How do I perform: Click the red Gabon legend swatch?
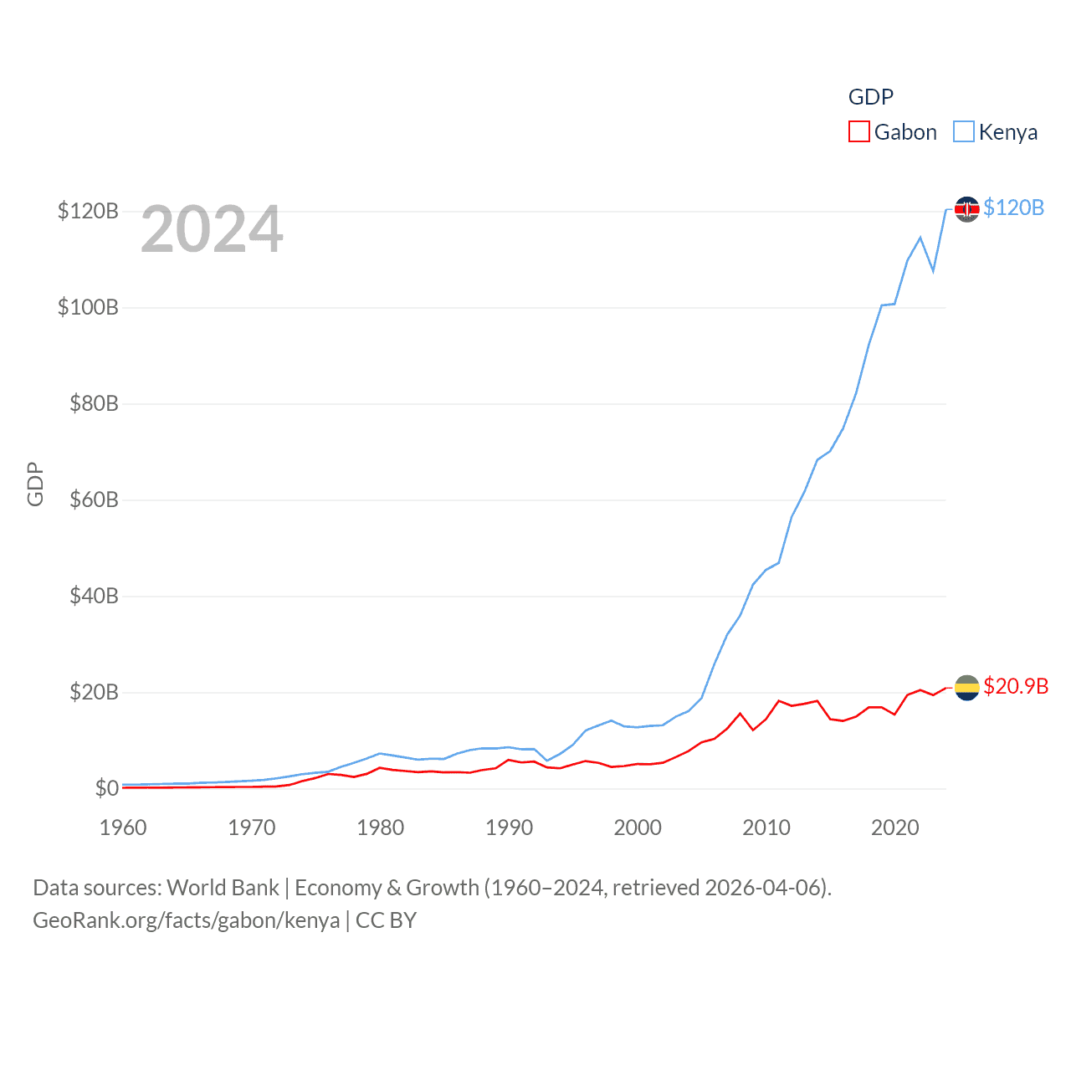(x=859, y=132)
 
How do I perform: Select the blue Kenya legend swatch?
(x=964, y=132)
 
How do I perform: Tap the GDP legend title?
(x=870, y=97)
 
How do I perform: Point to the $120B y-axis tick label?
(x=88, y=211)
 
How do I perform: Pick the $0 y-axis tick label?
(x=106, y=788)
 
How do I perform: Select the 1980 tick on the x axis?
(x=380, y=828)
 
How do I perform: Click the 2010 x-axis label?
(x=766, y=828)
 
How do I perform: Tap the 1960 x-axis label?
(x=123, y=828)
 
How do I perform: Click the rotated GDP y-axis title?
(x=35, y=484)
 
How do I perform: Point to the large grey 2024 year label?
(x=212, y=229)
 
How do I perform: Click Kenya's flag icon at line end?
(x=966, y=209)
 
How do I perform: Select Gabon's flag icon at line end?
(x=966, y=688)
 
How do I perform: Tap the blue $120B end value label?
(x=1013, y=208)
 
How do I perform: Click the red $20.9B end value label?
(x=1016, y=686)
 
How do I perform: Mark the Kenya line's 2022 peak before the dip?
(x=920, y=238)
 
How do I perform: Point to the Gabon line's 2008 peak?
(x=740, y=714)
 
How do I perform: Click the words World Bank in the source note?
(x=223, y=888)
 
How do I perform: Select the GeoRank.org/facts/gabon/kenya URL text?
(x=186, y=920)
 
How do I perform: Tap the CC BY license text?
(x=386, y=920)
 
